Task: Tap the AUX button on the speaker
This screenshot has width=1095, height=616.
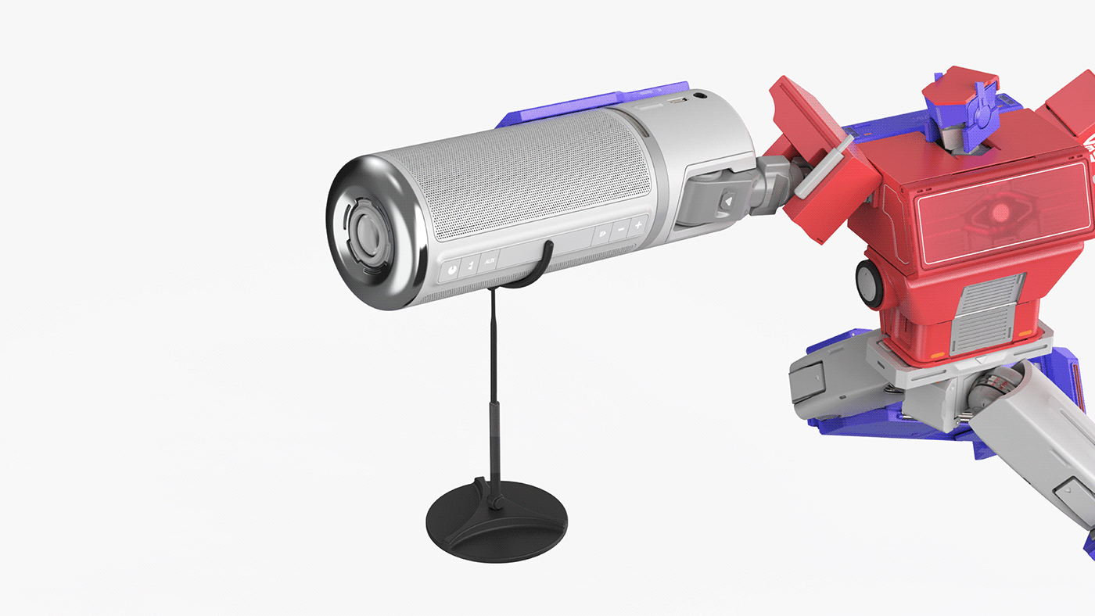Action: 489,261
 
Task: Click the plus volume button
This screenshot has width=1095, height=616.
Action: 638,226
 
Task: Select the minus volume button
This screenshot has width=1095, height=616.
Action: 621,229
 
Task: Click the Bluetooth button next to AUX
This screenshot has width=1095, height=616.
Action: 470,266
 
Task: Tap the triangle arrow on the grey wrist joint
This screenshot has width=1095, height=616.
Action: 727,202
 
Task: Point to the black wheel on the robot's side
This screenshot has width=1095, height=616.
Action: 869,281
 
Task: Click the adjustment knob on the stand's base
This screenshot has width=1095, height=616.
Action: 496,496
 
